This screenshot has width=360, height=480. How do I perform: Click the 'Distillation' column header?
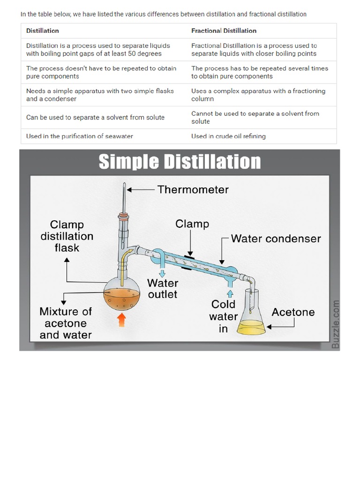(x=43, y=30)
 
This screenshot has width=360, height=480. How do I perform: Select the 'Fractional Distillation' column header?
(x=224, y=30)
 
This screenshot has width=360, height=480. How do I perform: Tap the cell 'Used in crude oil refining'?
(x=228, y=136)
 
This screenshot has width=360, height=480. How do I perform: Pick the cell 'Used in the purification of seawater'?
(x=80, y=136)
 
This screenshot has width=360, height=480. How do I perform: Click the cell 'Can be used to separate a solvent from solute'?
(x=95, y=117)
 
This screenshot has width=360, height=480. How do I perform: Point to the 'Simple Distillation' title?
(x=180, y=162)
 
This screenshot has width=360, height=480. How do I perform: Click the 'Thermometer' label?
(x=193, y=189)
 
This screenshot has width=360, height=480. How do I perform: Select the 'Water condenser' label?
(x=276, y=239)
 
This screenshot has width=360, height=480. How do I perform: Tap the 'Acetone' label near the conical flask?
(x=293, y=312)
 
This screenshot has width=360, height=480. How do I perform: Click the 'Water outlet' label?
(x=163, y=289)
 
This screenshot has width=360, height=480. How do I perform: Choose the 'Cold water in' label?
(x=224, y=317)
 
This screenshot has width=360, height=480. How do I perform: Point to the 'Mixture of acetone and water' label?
(x=66, y=323)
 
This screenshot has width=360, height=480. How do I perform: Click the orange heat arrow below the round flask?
(x=121, y=321)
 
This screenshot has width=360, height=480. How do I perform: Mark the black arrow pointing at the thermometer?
(x=140, y=190)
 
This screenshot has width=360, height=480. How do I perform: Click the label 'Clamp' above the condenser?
(x=192, y=224)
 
